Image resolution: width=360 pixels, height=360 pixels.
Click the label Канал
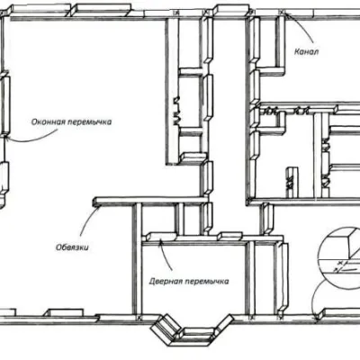pos(306,51)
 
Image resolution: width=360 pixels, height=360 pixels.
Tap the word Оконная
pos(48,121)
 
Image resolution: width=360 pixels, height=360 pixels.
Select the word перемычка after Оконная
pos(89,122)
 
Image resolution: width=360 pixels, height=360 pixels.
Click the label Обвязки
pos(72,247)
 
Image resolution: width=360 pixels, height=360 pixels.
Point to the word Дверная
pos(166,282)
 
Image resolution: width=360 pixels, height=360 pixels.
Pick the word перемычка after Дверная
pos(207,282)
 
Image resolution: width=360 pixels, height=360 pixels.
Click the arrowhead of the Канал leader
pos(285,14)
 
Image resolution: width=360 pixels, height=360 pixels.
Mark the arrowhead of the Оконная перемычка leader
pos(7,138)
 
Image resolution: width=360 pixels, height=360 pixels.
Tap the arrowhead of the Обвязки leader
pos(98,208)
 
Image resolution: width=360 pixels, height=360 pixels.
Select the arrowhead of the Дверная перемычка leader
pos(161,241)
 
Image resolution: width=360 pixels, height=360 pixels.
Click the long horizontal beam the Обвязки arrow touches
pos(150,201)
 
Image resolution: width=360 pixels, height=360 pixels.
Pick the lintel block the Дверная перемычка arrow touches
pos(159,237)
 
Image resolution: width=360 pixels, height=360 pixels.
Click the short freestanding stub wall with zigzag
pos(292,182)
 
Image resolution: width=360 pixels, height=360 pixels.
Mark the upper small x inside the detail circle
pos(340,263)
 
